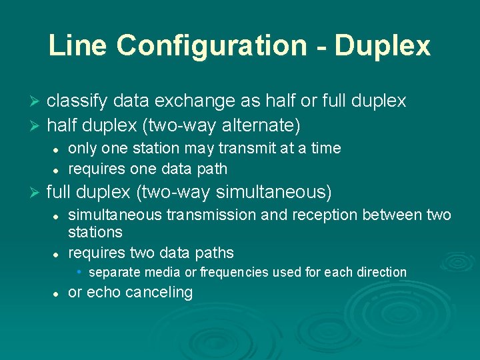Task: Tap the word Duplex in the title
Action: (x=383, y=45)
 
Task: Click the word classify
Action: (x=79, y=101)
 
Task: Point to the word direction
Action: (x=381, y=272)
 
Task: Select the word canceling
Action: (x=160, y=292)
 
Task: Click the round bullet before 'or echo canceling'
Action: (x=57, y=293)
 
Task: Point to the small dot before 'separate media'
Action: (x=79, y=271)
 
